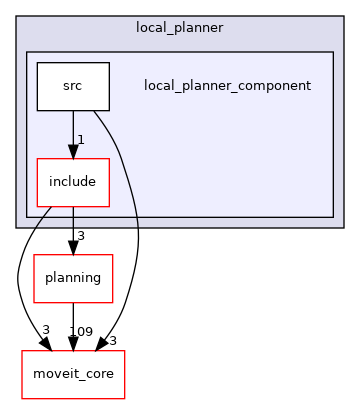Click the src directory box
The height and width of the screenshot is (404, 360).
tap(72, 86)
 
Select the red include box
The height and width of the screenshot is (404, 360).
tap(72, 182)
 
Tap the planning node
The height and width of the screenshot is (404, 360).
tap(72, 279)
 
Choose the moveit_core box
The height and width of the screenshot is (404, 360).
tap(72, 374)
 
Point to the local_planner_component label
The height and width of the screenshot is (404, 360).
tap(227, 86)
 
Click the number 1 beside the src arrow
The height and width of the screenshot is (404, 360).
tap(81, 140)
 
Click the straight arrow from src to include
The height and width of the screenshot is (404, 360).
tap(72, 130)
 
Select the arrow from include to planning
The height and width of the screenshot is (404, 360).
tap(72, 228)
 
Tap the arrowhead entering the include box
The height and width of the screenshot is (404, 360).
tap(72, 151)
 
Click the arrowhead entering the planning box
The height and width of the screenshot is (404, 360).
tap(72, 248)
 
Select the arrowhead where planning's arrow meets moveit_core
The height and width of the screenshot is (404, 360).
tap(72, 344)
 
